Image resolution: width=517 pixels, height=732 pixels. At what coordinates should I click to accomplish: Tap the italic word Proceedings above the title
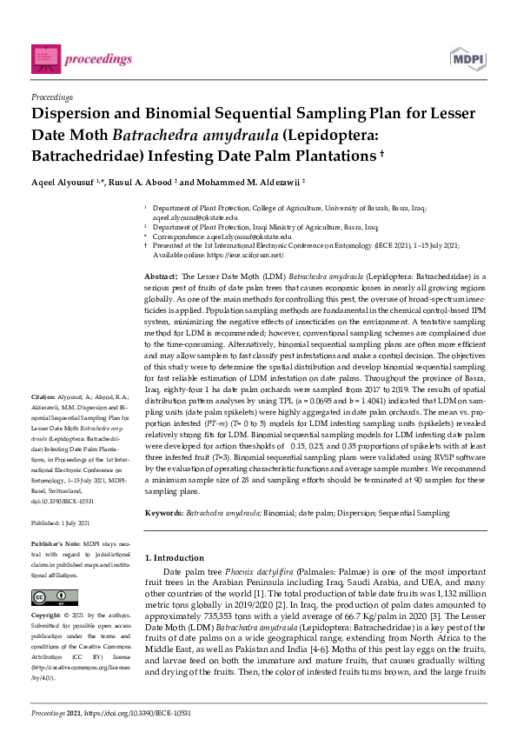51,97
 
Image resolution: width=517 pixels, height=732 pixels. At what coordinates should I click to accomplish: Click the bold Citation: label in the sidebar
43,421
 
